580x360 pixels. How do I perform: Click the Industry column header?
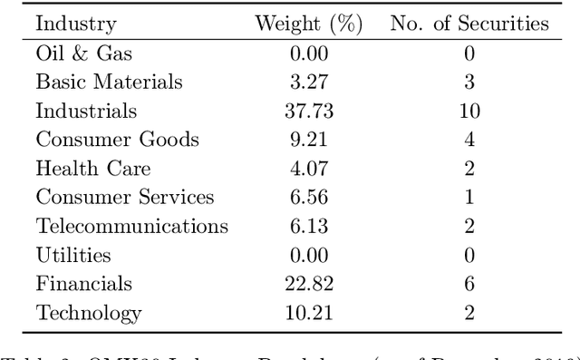pyautogui.click(x=75, y=24)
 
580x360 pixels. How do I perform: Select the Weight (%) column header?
pyautogui.click(x=308, y=24)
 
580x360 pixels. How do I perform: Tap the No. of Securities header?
pyautogui.click(x=469, y=24)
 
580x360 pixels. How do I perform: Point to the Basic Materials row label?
pyautogui.click(x=109, y=83)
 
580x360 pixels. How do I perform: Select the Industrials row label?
pyautogui.click(x=86, y=112)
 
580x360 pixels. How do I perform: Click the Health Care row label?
pyautogui.click(x=92, y=169)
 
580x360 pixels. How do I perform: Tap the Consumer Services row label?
pyautogui.click(x=125, y=198)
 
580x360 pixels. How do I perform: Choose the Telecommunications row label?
pyautogui.click(x=131, y=227)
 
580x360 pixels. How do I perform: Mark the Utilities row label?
pyautogui.click(x=73, y=256)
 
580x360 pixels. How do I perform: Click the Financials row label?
pyautogui.click(x=83, y=285)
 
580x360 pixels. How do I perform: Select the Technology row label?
pyautogui.click(x=88, y=314)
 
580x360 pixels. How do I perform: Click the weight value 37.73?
pyautogui.click(x=308, y=112)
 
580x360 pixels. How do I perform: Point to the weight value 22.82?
pyautogui.click(x=308, y=285)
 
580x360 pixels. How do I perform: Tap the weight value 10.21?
pyautogui.click(x=308, y=314)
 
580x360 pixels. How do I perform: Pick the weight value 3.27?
pyautogui.click(x=308, y=83)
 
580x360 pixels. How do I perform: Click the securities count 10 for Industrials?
pyautogui.click(x=469, y=112)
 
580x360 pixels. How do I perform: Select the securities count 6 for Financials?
pyautogui.click(x=469, y=285)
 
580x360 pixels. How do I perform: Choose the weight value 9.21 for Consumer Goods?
pyautogui.click(x=308, y=141)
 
